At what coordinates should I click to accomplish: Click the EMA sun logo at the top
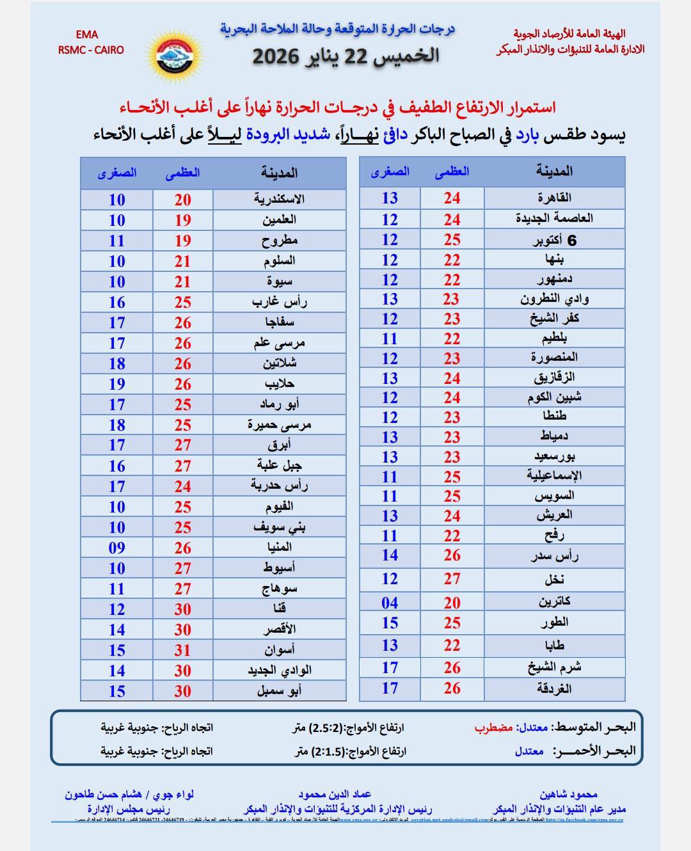(x=174, y=54)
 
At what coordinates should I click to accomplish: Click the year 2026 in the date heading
(x=276, y=56)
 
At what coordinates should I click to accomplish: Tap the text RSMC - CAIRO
(x=91, y=50)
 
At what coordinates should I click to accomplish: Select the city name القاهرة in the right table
(x=554, y=198)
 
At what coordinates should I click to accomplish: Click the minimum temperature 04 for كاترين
(x=390, y=603)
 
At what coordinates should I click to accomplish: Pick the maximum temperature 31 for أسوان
(x=183, y=650)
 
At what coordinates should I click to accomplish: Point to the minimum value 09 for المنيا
(x=116, y=548)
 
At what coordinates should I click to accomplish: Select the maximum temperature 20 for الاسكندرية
(x=183, y=200)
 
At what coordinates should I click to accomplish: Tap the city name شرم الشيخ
(x=554, y=667)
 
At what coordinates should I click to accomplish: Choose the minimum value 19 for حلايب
(x=116, y=384)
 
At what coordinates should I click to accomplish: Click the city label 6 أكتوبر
(x=555, y=240)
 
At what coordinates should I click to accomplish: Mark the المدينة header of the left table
(x=279, y=173)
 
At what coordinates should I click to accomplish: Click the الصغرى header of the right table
(x=390, y=171)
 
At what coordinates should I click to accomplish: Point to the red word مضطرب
(x=495, y=728)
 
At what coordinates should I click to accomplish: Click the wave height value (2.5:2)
(x=326, y=728)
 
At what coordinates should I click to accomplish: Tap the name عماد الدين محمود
(x=334, y=794)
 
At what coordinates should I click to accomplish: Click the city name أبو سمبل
(x=279, y=691)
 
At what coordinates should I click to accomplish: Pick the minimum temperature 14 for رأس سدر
(x=390, y=555)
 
